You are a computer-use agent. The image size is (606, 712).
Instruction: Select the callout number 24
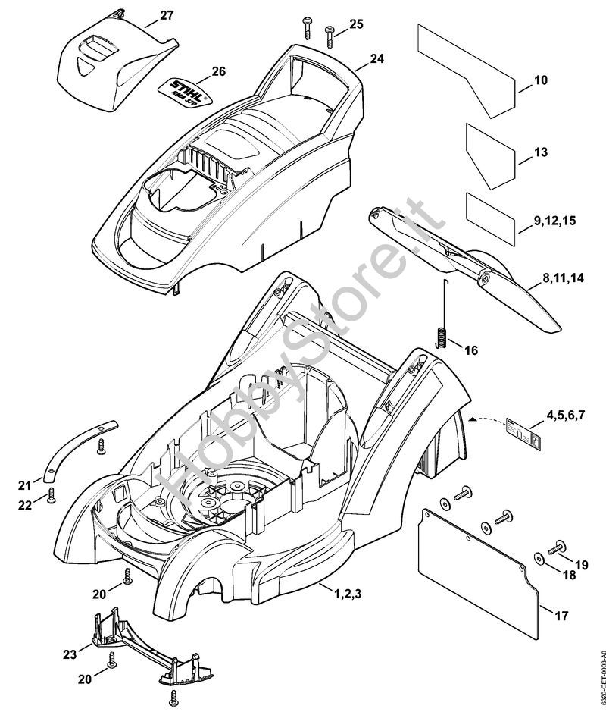pos(377,58)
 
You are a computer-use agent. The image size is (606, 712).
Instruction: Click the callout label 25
pos(357,24)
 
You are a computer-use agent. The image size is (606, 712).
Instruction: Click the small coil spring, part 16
pos(440,335)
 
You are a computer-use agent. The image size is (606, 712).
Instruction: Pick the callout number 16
pos(471,350)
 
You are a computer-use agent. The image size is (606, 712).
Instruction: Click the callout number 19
pos(582,563)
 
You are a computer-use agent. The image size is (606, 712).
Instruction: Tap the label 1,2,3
pos(349,594)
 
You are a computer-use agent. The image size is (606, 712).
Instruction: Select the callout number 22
pos(25,504)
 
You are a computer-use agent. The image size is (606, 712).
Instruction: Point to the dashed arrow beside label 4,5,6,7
pos(488,418)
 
